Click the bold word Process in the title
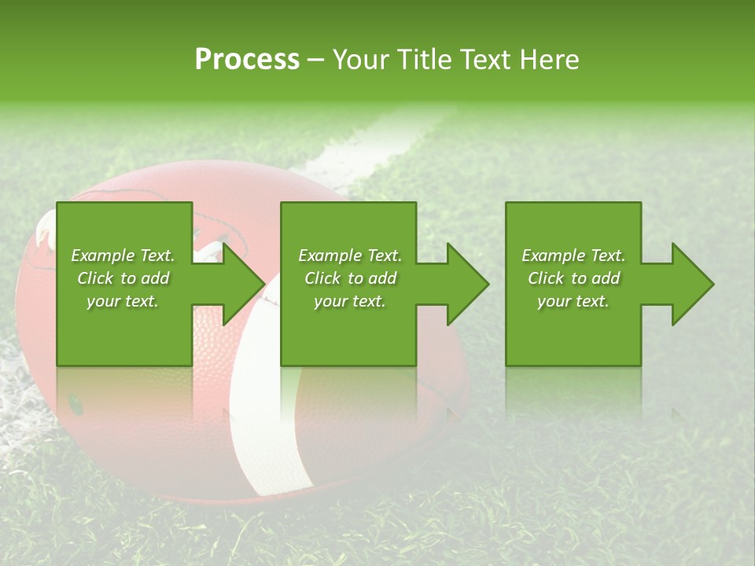(x=247, y=60)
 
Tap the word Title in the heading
(x=424, y=60)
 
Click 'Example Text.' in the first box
(x=123, y=255)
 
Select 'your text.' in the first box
(x=123, y=301)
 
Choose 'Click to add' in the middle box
(x=350, y=278)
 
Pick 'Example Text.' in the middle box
(x=350, y=255)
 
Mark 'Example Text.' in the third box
(x=573, y=255)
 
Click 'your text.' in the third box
(x=573, y=301)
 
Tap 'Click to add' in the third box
(x=573, y=278)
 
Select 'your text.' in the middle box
(x=350, y=301)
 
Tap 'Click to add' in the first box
(x=123, y=278)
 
